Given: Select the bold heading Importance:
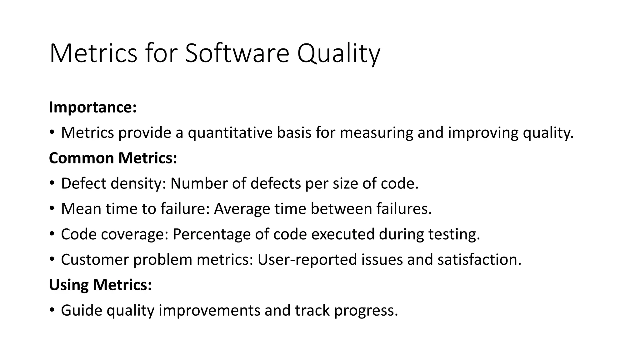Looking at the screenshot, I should pyautogui.click(x=93, y=107).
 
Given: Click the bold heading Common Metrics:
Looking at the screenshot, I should pyautogui.click(x=113, y=158).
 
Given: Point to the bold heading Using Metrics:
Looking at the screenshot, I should pyautogui.click(x=100, y=285).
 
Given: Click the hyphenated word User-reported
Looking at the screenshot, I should pyautogui.click(x=307, y=259).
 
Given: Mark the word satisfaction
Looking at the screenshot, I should pyautogui.click(x=479, y=259).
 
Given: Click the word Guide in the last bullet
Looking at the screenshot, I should pyautogui.click(x=82, y=310).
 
